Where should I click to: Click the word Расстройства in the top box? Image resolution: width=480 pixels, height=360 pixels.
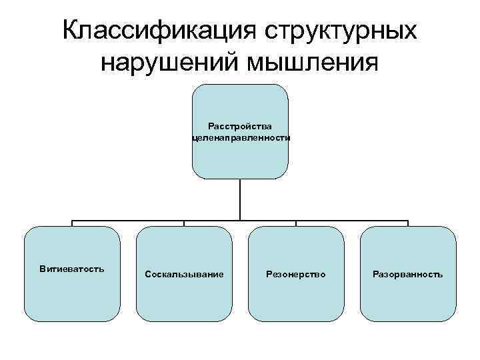pos(240,125)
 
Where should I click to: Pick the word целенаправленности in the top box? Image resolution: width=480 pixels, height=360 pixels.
pos(240,137)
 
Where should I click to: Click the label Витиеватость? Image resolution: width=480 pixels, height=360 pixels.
pos(72,269)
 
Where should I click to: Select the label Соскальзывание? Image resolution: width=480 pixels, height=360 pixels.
pos(184,274)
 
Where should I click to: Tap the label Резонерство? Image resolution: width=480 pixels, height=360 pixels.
pos(296,274)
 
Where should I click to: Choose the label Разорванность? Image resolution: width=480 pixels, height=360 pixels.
pos(408,274)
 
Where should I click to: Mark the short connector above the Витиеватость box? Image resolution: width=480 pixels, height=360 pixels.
pos(72,223)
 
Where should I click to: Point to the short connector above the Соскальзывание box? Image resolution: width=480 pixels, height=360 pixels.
pos(184,223)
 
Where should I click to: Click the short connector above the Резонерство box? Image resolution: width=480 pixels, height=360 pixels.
pos(296,223)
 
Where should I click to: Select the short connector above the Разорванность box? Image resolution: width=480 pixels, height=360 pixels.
pos(408,223)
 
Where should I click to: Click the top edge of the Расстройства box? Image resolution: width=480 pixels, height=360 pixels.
pos(240,85)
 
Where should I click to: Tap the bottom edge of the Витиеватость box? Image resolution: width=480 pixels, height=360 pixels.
pos(72,321)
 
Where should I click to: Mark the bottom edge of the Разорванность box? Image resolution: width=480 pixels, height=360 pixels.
pos(408,321)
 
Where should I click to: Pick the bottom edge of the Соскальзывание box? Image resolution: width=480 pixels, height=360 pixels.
pos(184,321)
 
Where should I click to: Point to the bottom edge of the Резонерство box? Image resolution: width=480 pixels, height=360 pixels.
pos(296,321)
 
